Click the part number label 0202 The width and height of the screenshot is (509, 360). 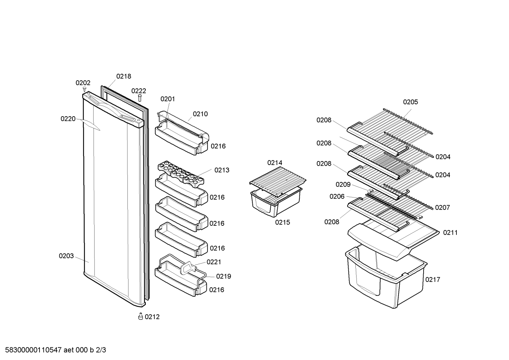tap(83, 83)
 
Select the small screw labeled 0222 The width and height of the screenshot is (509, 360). tap(140, 98)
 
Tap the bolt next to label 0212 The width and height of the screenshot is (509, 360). tap(140, 316)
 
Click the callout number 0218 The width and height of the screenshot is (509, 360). tap(124, 76)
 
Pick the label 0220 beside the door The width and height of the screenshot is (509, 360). tap(68, 119)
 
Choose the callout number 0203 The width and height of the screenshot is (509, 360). tap(66, 256)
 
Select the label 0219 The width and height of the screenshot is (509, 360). tap(223, 276)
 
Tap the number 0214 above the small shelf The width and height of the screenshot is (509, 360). tap(275, 163)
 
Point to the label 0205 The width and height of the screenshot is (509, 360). tap(411, 102)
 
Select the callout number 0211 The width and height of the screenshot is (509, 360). tap(450, 233)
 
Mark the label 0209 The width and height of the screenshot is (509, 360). tap(343, 184)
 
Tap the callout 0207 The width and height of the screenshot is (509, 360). tap(442, 208)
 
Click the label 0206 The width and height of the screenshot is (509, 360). tap(337, 196)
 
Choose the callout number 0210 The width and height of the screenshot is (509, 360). tap(200, 114)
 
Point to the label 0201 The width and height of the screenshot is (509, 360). tap(168, 99)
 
